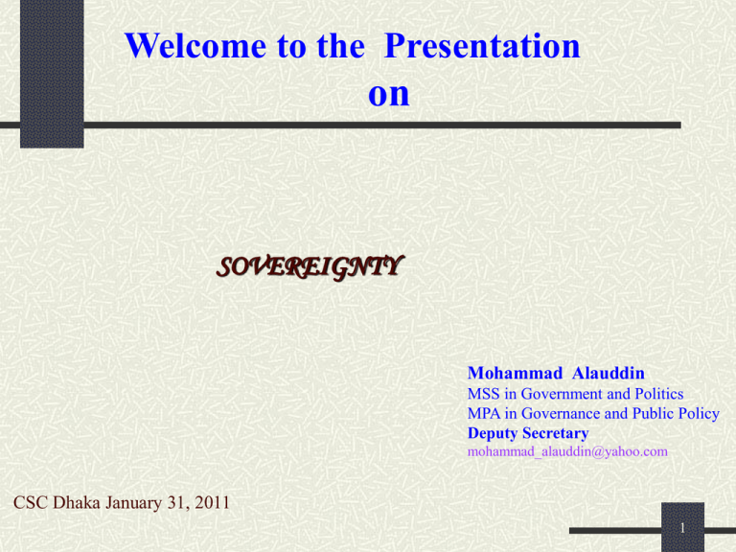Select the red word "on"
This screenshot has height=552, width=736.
pos(388,93)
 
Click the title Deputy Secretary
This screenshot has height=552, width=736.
pos(528,433)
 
